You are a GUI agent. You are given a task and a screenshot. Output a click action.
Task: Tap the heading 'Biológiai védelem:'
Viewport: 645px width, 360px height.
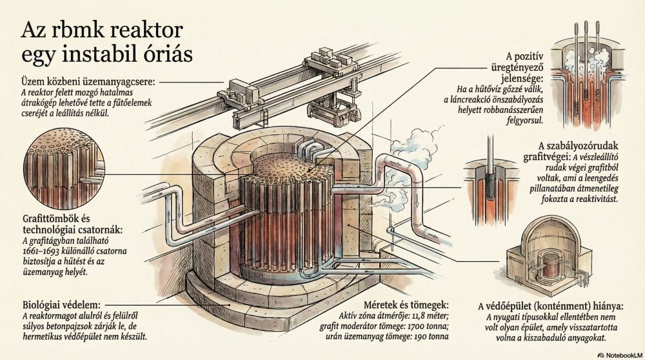point(61,303)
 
